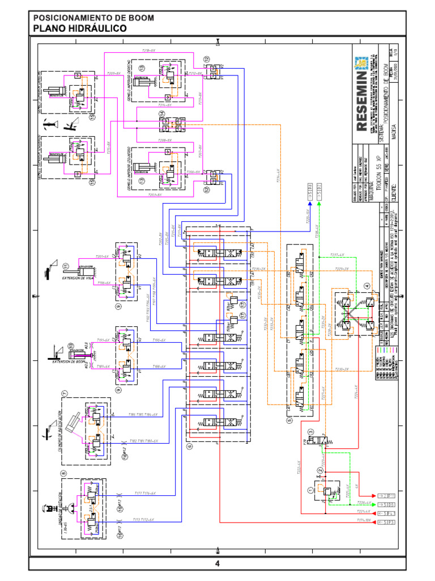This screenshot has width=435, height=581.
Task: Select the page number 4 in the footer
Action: pos(217,563)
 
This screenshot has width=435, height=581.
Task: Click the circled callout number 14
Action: pos(162,115)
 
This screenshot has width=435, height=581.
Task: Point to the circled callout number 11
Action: pos(66,266)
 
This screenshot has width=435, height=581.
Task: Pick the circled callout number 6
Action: pos(189,446)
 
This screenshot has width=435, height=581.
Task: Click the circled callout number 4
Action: pos(366,285)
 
